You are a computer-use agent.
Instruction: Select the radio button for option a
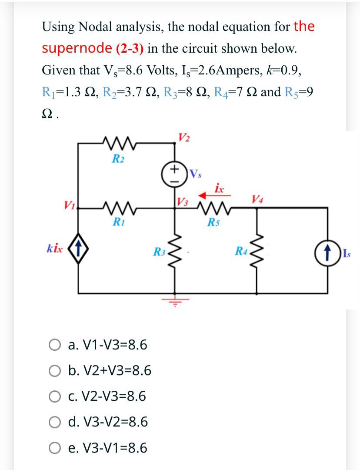(x=54, y=346)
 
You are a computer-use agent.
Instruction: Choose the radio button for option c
(x=54, y=397)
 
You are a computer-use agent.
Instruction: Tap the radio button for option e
(x=54, y=448)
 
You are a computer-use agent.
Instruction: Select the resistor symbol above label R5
(x=212, y=208)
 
